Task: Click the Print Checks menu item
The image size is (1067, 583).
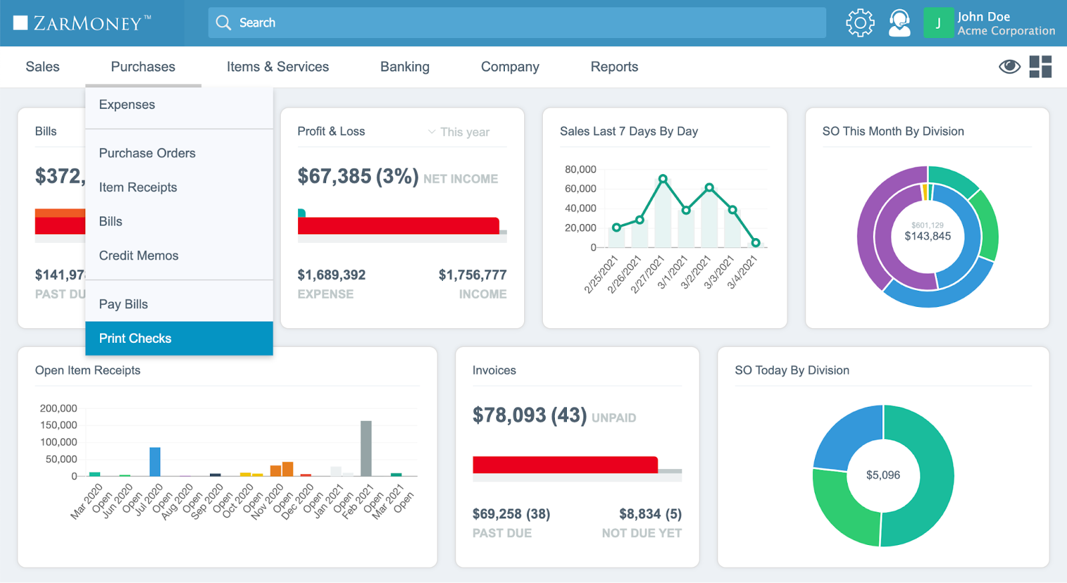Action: tap(135, 338)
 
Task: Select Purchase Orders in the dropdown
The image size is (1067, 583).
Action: tap(147, 153)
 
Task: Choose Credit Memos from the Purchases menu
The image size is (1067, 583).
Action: tap(139, 255)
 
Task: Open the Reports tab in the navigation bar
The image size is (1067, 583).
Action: tap(614, 67)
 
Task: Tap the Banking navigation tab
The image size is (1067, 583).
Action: tap(405, 67)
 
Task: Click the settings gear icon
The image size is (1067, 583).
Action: tap(860, 23)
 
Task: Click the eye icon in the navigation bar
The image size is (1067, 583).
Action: tap(1009, 66)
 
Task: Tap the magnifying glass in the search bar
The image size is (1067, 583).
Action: tap(223, 23)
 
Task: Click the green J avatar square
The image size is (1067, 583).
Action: tap(938, 23)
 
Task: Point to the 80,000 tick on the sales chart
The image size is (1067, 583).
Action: tap(580, 169)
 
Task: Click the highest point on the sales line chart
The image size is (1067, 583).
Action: tap(663, 179)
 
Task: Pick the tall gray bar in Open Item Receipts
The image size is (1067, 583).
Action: tap(366, 448)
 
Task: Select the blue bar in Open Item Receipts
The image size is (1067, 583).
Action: tap(155, 462)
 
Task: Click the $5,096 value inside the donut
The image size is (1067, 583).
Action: tap(883, 475)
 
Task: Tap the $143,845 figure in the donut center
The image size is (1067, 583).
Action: tap(928, 236)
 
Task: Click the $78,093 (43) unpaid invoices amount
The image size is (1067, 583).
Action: tap(529, 415)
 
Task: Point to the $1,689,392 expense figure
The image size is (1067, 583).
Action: tap(331, 275)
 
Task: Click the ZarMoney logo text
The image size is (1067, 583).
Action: tap(87, 23)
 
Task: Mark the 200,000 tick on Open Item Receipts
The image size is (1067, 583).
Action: tap(59, 408)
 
